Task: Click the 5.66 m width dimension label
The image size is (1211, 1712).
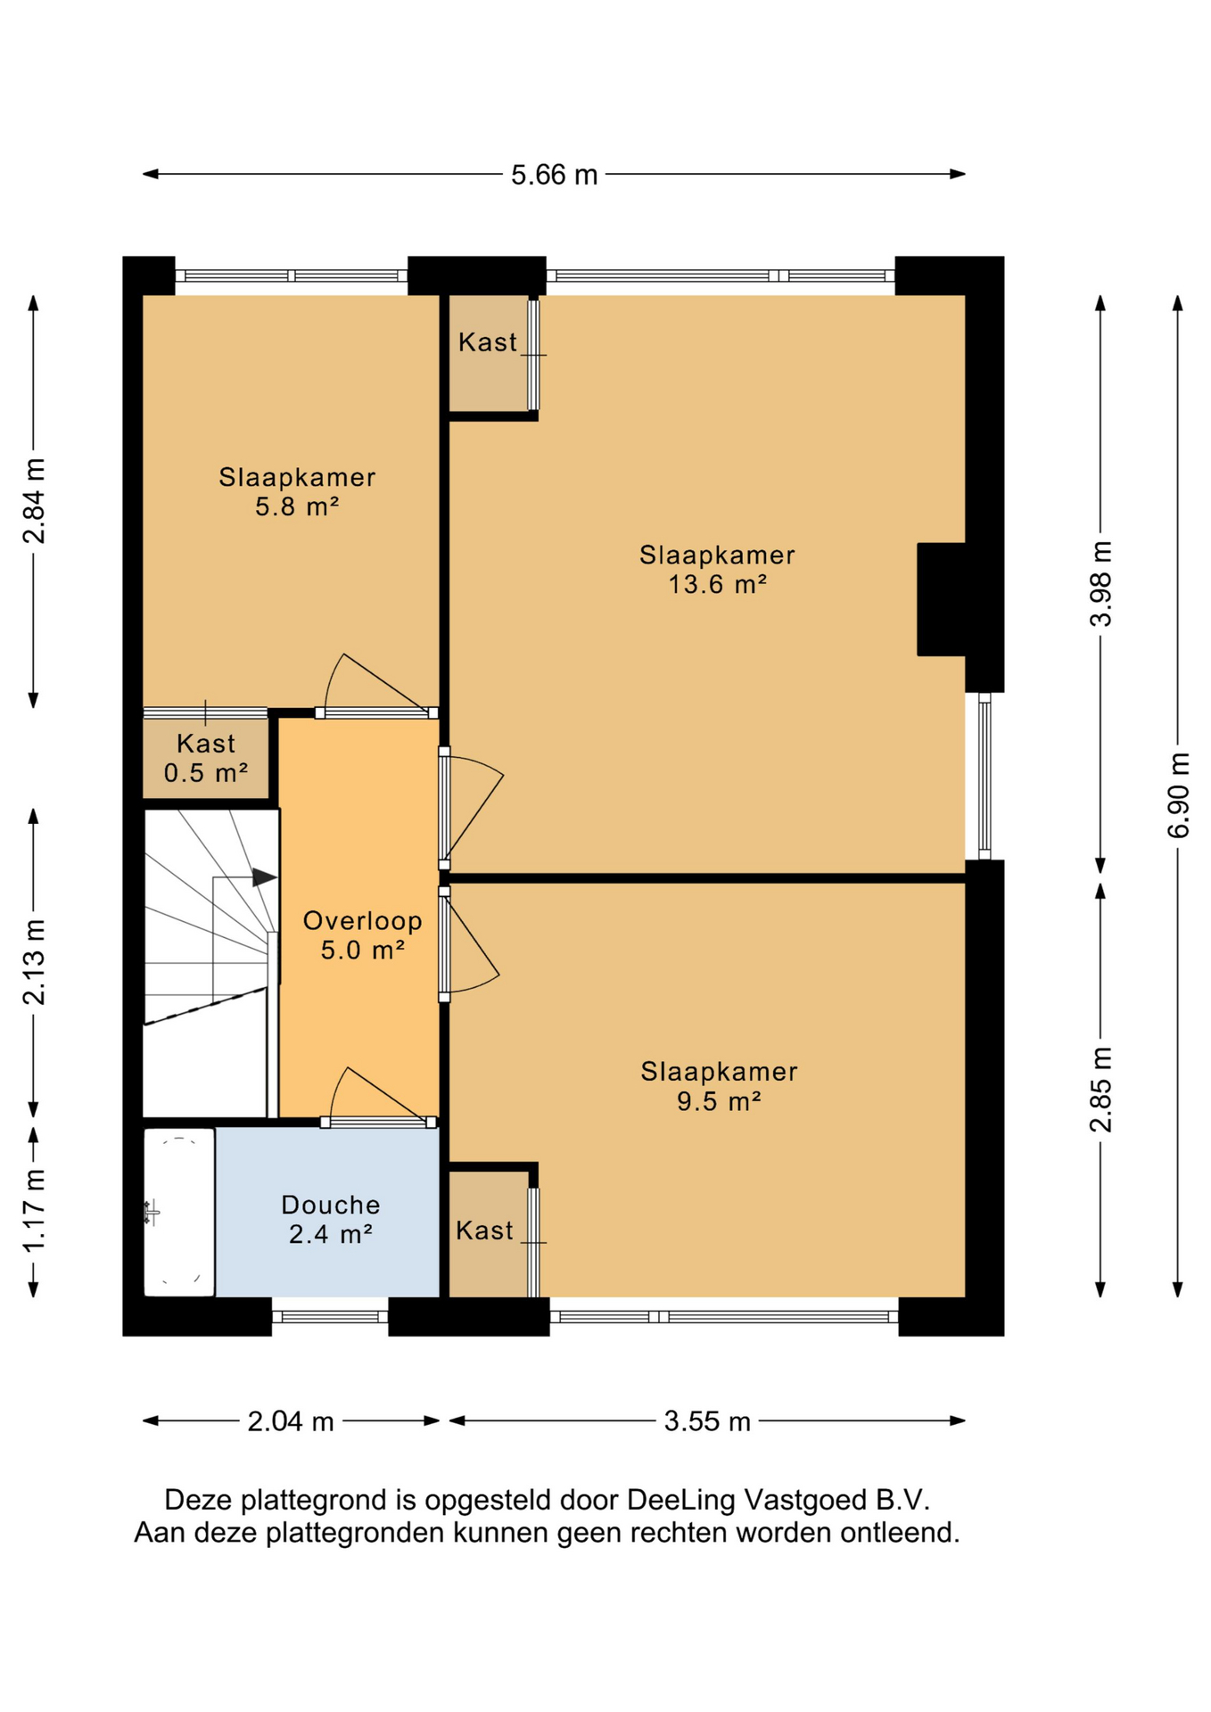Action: pyautogui.click(x=554, y=175)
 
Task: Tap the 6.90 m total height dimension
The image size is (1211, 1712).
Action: pyautogui.click(x=1178, y=795)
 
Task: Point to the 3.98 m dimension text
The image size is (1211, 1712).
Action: pyautogui.click(x=1101, y=584)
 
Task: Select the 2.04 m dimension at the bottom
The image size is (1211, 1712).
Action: pyautogui.click(x=291, y=1421)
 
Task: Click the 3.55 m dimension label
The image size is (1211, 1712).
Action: pyautogui.click(x=707, y=1421)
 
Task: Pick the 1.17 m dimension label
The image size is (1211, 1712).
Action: pyautogui.click(x=34, y=1210)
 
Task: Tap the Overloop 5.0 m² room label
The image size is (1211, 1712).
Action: pyautogui.click(x=363, y=935)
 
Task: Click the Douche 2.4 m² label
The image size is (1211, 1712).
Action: pyautogui.click(x=331, y=1219)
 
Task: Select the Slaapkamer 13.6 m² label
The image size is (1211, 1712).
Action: pyautogui.click(x=718, y=569)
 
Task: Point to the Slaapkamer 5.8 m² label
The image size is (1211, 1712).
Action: pyautogui.click(x=298, y=491)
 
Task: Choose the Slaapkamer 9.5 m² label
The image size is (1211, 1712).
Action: pyautogui.click(x=719, y=1086)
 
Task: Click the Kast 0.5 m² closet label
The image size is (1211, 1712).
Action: pyautogui.click(x=206, y=758)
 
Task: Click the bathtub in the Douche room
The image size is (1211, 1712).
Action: pyautogui.click(x=179, y=1213)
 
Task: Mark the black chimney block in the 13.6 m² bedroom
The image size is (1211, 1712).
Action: pyautogui.click(x=942, y=599)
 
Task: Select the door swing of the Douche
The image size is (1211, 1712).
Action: pyautogui.click(x=378, y=1095)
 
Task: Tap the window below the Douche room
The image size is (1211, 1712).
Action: pyautogui.click(x=330, y=1316)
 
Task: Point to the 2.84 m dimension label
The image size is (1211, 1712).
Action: pyautogui.click(x=34, y=501)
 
